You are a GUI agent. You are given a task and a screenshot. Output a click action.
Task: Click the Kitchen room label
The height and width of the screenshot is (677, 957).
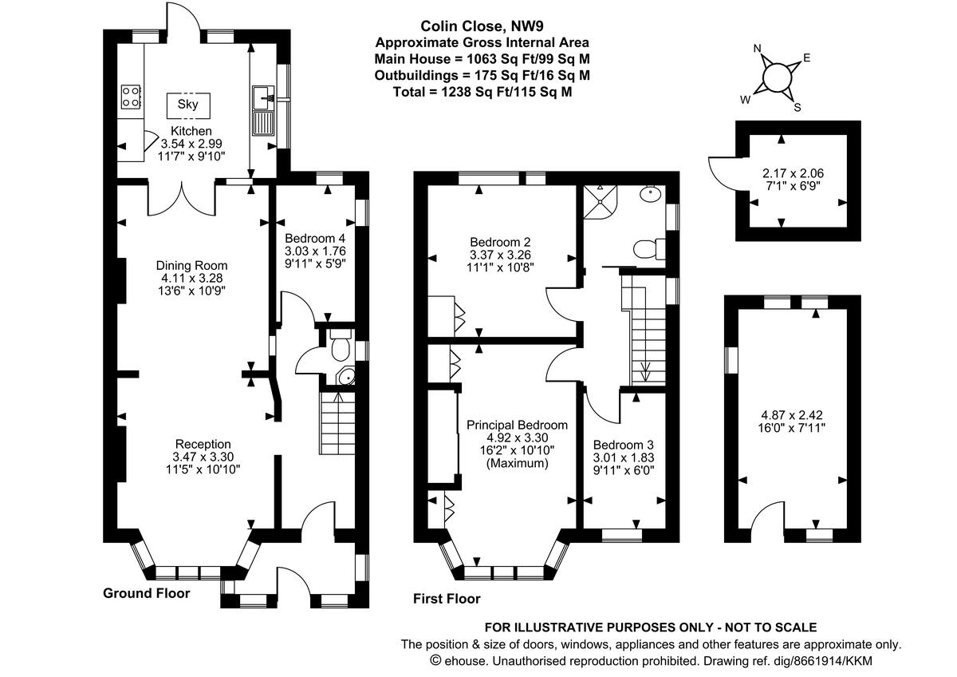click(x=191, y=131)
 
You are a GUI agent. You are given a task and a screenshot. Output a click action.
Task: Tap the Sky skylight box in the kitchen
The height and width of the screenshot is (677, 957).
click(x=188, y=105)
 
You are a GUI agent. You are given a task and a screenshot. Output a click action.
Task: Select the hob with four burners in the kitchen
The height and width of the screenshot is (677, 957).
click(x=132, y=97)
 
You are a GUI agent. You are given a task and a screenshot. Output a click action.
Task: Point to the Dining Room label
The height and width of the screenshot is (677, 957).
click(x=191, y=266)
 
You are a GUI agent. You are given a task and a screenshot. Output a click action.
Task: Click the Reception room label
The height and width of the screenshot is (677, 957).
click(x=203, y=444)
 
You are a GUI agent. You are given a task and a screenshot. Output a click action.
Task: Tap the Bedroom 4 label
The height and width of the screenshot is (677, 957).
click(x=317, y=238)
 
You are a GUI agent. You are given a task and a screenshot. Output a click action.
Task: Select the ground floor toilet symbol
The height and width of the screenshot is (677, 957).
click(x=341, y=346)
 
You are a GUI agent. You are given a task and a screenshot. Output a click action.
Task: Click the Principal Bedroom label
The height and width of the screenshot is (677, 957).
click(x=517, y=425)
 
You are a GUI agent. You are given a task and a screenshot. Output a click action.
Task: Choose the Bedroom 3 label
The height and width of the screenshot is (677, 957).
click(x=624, y=445)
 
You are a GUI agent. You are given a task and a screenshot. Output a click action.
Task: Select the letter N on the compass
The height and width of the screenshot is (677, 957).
click(x=760, y=49)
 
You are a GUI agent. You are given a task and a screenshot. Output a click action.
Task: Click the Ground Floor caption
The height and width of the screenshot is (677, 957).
click(x=147, y=593)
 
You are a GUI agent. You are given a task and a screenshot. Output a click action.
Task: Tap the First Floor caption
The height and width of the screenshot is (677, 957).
click(x=447, y=599)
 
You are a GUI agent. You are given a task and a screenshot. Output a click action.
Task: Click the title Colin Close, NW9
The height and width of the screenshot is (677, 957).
click(x=482, y=26)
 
